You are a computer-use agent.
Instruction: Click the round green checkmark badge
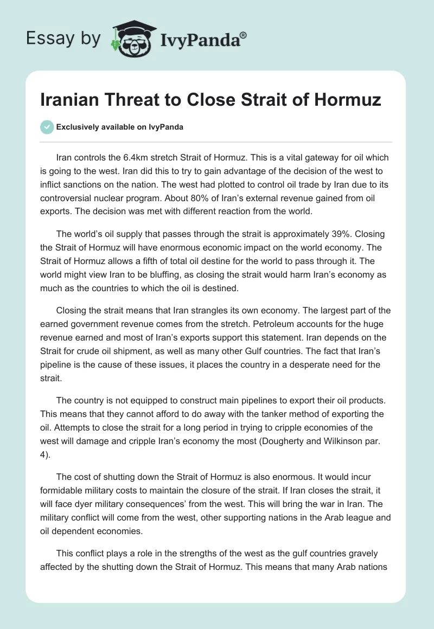47,127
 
